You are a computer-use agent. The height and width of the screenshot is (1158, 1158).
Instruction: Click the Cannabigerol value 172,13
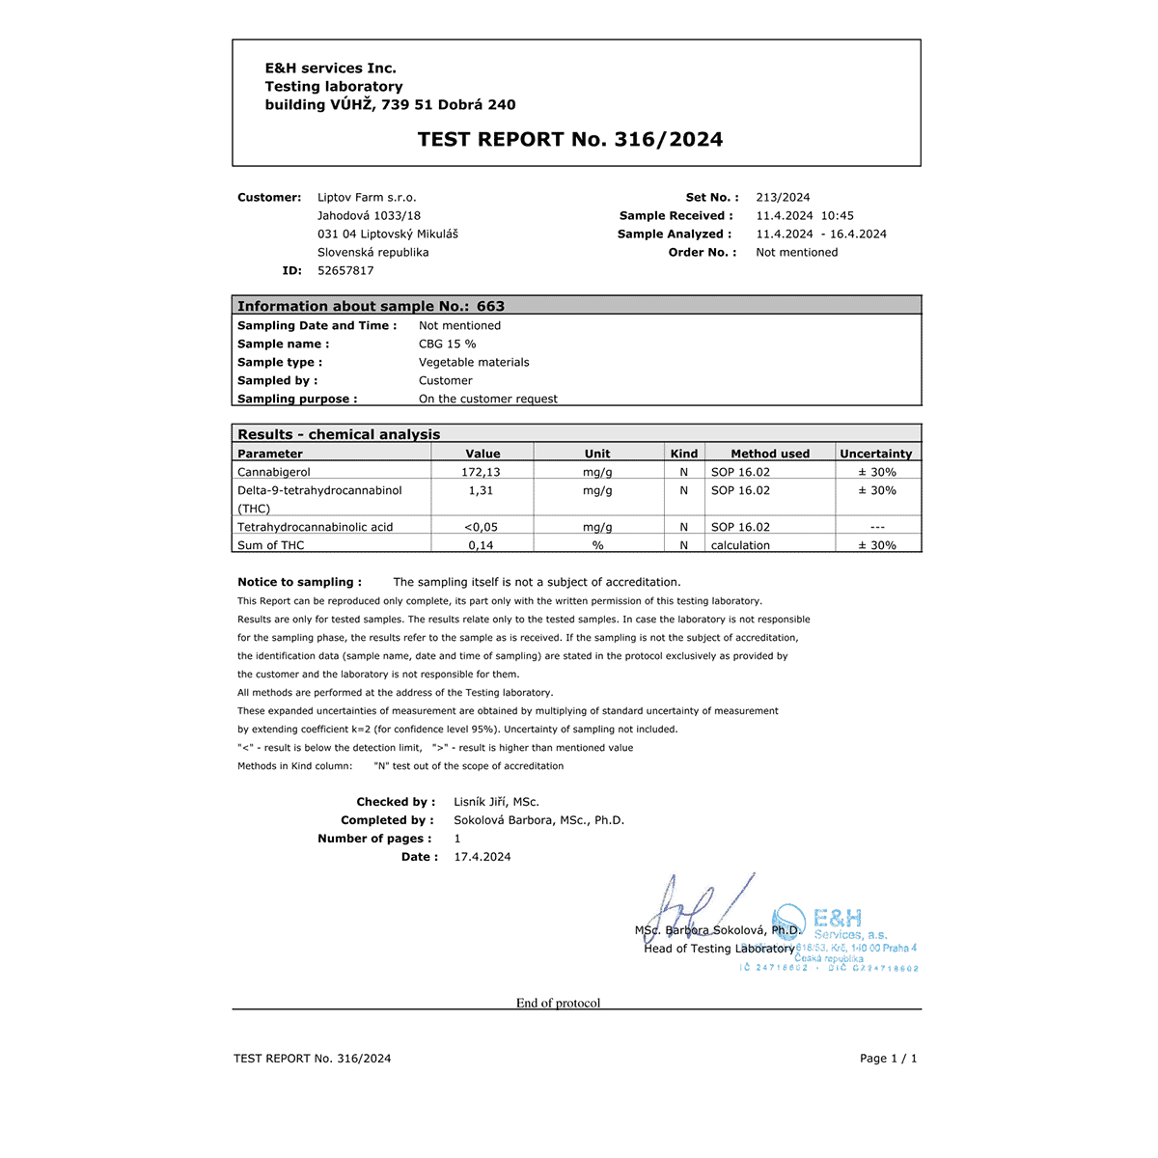tap(481, 472)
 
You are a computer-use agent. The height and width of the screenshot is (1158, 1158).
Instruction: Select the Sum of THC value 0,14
tap(481, 545)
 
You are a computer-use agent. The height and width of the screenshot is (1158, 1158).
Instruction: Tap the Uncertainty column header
tap(875, 454)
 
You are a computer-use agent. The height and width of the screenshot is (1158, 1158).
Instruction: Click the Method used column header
tap(770, 454)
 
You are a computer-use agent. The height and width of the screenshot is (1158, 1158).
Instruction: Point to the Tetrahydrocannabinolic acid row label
tap(315, 527)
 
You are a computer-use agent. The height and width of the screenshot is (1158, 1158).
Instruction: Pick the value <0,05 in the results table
tap(481, 527)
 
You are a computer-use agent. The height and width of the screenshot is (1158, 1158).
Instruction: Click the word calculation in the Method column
tap(740, 545)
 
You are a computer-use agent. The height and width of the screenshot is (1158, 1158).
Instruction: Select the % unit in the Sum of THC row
tap(597, 545)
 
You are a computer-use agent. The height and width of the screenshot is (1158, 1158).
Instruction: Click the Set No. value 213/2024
tap(783, 197)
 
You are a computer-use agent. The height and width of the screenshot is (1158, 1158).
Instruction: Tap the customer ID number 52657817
tap(345, 270)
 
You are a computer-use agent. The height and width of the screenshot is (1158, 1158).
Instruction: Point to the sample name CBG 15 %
tap(447, 344)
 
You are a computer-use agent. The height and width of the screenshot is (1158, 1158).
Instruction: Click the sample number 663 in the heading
tap(490, 306)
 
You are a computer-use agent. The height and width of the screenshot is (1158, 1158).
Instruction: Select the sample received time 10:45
tap(838, 215)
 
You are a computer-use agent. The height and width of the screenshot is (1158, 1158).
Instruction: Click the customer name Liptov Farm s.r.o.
tap(367, 197)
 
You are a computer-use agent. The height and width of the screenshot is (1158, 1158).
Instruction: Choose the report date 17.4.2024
tap(482, 857)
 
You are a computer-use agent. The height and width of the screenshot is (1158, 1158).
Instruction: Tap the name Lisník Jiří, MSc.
tap(496, 802)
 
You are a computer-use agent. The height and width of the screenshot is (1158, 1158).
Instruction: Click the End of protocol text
tap(558, 1003)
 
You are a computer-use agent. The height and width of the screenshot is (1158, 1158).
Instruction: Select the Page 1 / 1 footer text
tap(888, 1059)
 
